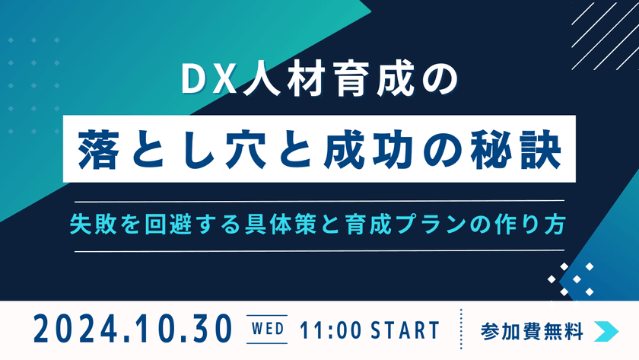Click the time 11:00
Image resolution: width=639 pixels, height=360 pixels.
point(329,330)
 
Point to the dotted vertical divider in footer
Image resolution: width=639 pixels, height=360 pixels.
point(462,330)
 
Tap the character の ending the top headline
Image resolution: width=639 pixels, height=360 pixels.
point(438,80)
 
